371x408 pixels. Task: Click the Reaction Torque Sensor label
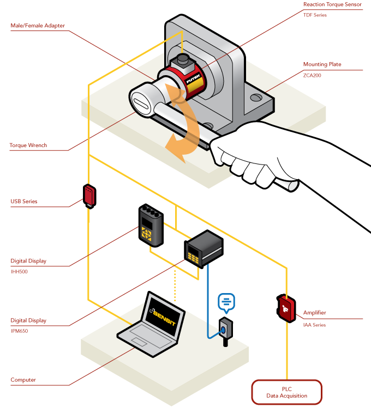(x=332, y=4)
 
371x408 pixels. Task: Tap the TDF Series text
(x=315, y=15)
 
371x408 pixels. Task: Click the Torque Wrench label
(x=28, y=145)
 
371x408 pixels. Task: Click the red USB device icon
(x=89, y=196)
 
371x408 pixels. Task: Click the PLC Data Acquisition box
(x=286, y=392)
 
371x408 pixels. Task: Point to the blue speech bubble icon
(x=226, y=301)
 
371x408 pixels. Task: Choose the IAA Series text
(x=314, y=325)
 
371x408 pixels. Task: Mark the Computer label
(x=23, y=380)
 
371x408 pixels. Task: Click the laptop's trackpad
(x=139, y=342)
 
